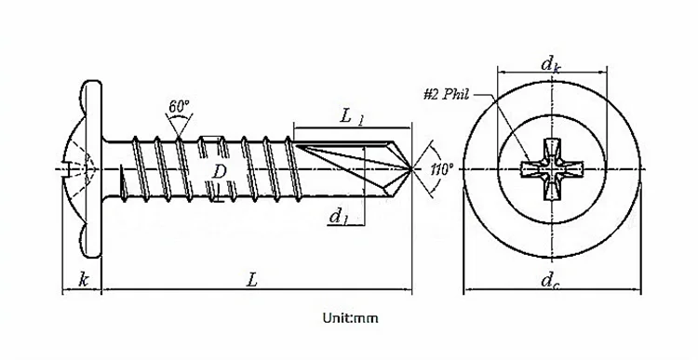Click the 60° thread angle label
pos(179,106)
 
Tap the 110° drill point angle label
pos(442,169)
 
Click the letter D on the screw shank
pos(219,171)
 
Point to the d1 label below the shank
pos(339,217)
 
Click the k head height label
pos(83,280)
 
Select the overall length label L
pos(252,280)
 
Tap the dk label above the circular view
pos(551,65)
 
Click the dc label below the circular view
pos(550,281)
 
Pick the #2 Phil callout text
pos(446,95)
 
